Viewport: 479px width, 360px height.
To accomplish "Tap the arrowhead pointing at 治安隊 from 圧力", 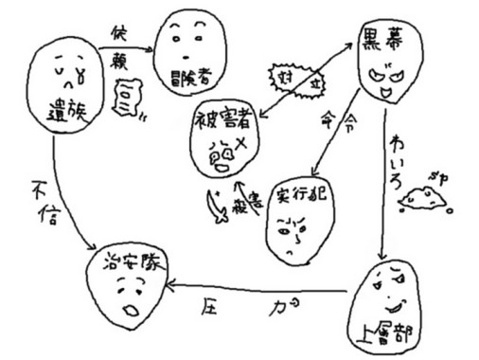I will coord(170,285).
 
